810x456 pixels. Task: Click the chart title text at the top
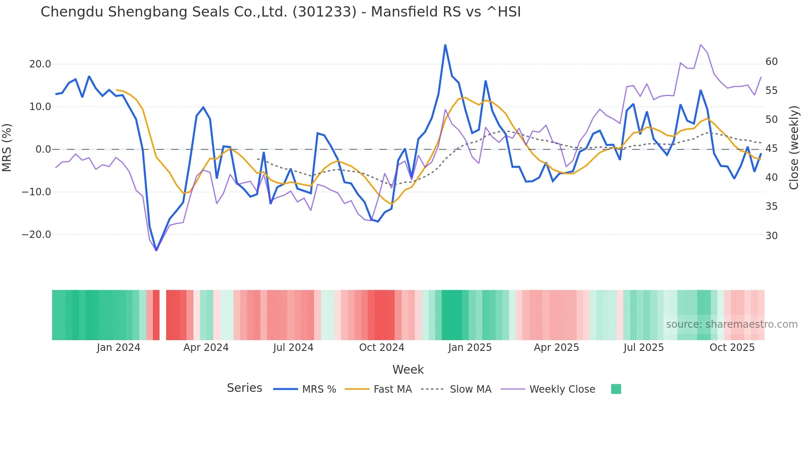pyautogui.click(x=281, y=12)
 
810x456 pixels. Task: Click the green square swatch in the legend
pyautogui.click(x=616, y=389)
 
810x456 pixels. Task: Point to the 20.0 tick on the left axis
pyautogui.click(x=40, y=64)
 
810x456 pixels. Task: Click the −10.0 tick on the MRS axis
pyautogui.click(x=36, y=192)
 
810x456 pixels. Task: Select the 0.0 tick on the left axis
pyautogui.click(x=43, y=149)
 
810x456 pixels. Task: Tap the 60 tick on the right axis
pyautogui.click(x=771, y=62)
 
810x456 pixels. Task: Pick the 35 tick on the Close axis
pyautogui.click(x=771, y=206)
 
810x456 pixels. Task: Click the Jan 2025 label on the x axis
pyautogui.click(x=469, y=348)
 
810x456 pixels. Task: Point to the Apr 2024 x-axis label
pyautogui.click(x=206, y=348)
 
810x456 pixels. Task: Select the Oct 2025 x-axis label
pyautogui.click(x=732, y=348)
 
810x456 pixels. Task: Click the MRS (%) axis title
pyautogui.click(x=7, y=147)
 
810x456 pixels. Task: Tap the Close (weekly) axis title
pyautogui.click(x=793, y=148)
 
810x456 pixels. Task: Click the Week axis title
pyautogui.click(x=408, y=370)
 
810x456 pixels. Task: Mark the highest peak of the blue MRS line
pyautogui.click(x=445, y=45)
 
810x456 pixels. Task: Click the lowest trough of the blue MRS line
pyautogui.click(x=156, y=250)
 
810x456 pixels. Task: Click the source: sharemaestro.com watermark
pyautogui.click(x=731, y=324)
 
